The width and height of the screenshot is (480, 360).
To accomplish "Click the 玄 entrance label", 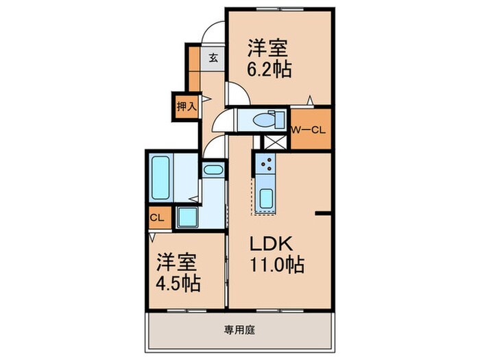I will [x=213, y=58].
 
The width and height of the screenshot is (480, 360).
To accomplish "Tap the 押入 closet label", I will [x=187, y=106].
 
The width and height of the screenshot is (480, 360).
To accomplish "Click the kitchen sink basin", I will [x=265, y=199].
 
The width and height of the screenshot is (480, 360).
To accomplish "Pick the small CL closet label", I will [x=157, y=217].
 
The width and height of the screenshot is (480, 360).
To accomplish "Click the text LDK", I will [x=271, y=245].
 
